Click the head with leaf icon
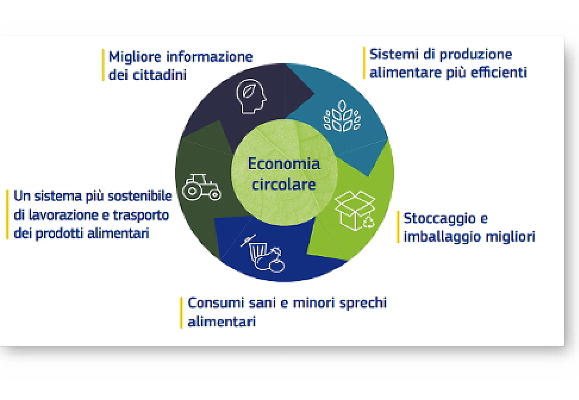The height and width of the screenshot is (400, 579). [251, 96]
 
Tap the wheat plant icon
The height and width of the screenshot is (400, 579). [342, 115]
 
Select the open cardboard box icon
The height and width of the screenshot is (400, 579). [355, 211]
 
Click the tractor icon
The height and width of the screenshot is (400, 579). [202, 187]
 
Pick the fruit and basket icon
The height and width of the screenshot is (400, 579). [263, 254]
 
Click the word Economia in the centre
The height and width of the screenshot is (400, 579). [283, 164]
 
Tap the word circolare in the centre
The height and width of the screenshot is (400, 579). [283, 184]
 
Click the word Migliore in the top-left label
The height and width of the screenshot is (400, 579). [135, 57]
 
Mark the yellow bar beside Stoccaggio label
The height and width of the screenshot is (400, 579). [398, 227]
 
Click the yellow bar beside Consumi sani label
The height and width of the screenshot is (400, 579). [181, 313]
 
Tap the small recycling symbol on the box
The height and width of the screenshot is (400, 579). [368, 222]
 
